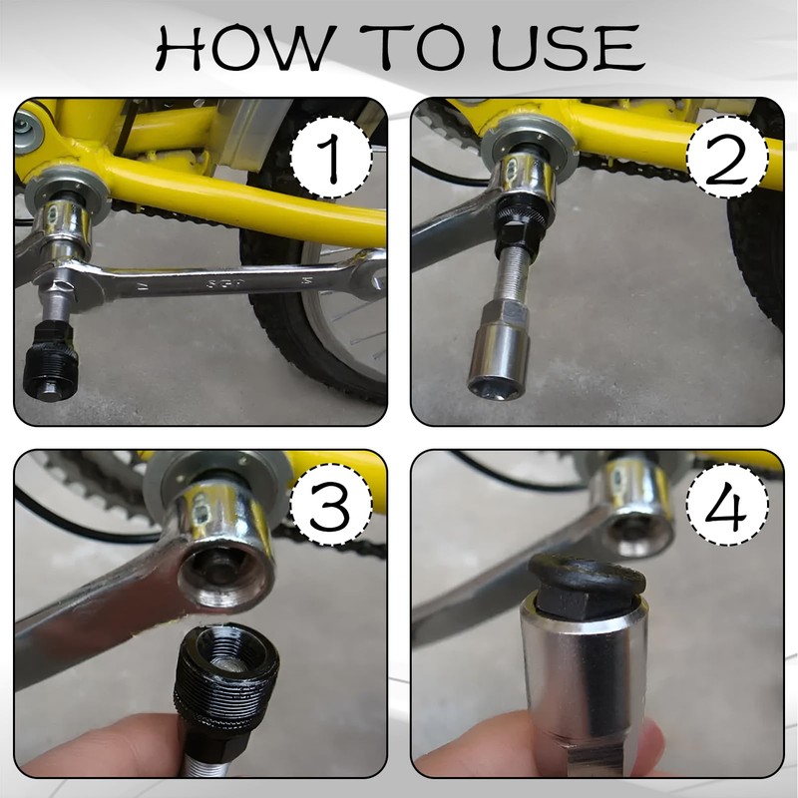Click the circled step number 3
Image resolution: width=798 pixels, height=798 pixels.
tap(330, 511)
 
